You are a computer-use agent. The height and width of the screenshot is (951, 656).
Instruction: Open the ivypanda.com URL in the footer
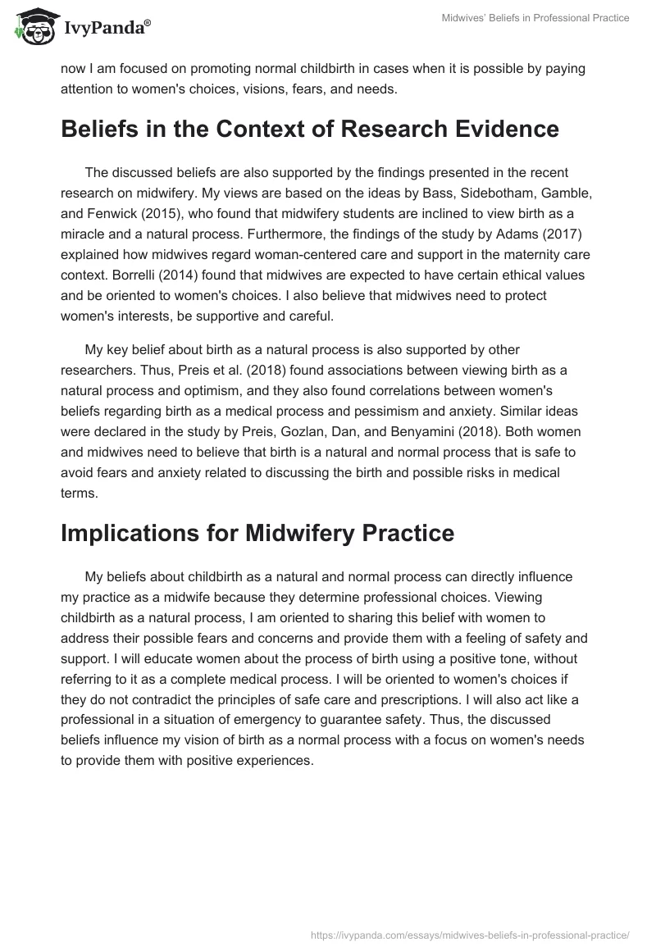point(470,934)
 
